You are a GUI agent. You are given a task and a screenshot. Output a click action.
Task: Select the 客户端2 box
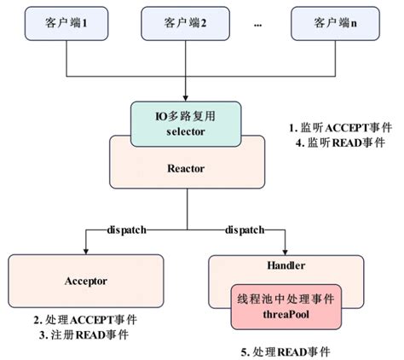click(x=188, y=25)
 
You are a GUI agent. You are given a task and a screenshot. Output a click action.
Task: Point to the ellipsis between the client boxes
click(x=257, y=26)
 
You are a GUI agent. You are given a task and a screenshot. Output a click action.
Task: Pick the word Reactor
click(x=187, y=169)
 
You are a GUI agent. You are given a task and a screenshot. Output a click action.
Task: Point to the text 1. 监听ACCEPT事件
click(x=339, y=127)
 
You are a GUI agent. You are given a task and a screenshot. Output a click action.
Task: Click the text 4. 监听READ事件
click(x=339, y=142)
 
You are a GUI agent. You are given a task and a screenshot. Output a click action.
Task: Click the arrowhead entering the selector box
click(x=188, y=96)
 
